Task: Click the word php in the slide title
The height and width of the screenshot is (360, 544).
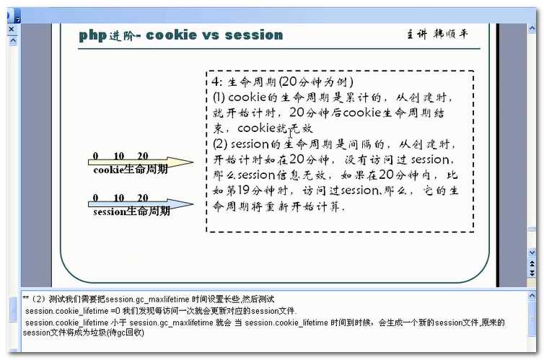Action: (93, 35)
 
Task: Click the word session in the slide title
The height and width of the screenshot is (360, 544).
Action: (253, 35)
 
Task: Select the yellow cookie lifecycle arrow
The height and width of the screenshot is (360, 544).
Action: (141, 162)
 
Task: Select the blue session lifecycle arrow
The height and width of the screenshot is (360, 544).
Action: (141, 204)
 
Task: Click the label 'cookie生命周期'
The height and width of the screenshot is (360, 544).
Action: (131, 170)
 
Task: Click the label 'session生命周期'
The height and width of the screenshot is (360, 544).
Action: (132, 212)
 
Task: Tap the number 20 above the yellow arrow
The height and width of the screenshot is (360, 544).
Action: (142, 156)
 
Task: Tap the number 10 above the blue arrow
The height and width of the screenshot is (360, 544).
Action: (119, 198)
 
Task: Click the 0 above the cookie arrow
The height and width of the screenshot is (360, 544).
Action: (96, 156)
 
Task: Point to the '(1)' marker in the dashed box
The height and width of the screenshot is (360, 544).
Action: (220, 97)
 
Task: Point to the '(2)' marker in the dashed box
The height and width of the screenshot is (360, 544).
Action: (220, 144)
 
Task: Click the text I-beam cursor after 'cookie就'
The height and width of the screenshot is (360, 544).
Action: (290, 133)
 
